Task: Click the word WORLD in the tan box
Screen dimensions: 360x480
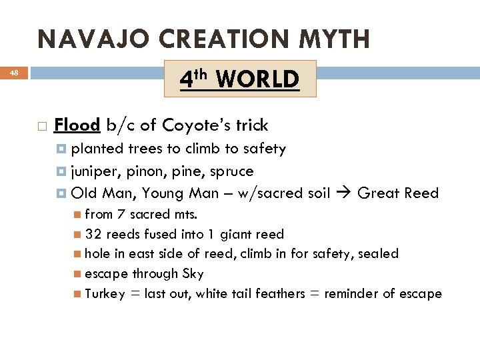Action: (258, 79)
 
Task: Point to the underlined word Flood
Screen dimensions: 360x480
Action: (77, 125)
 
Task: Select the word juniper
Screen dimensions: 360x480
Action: (95, 171)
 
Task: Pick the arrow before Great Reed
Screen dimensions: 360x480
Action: (345, 193)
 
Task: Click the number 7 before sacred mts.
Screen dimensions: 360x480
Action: (120, 215)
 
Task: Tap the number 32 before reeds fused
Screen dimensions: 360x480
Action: (93, 234)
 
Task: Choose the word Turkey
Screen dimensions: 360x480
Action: (105, 293)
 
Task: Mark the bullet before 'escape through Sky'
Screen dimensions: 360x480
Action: (78, 273)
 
